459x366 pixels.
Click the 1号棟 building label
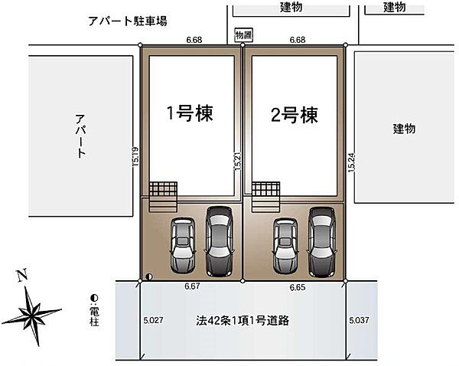[190, 114]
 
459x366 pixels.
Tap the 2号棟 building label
[294, 115]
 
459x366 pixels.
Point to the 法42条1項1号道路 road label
[241, 319]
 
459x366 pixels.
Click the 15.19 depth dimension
[135, 157]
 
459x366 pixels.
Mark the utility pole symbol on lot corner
[148, 276]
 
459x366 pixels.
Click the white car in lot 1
[184, 243]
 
